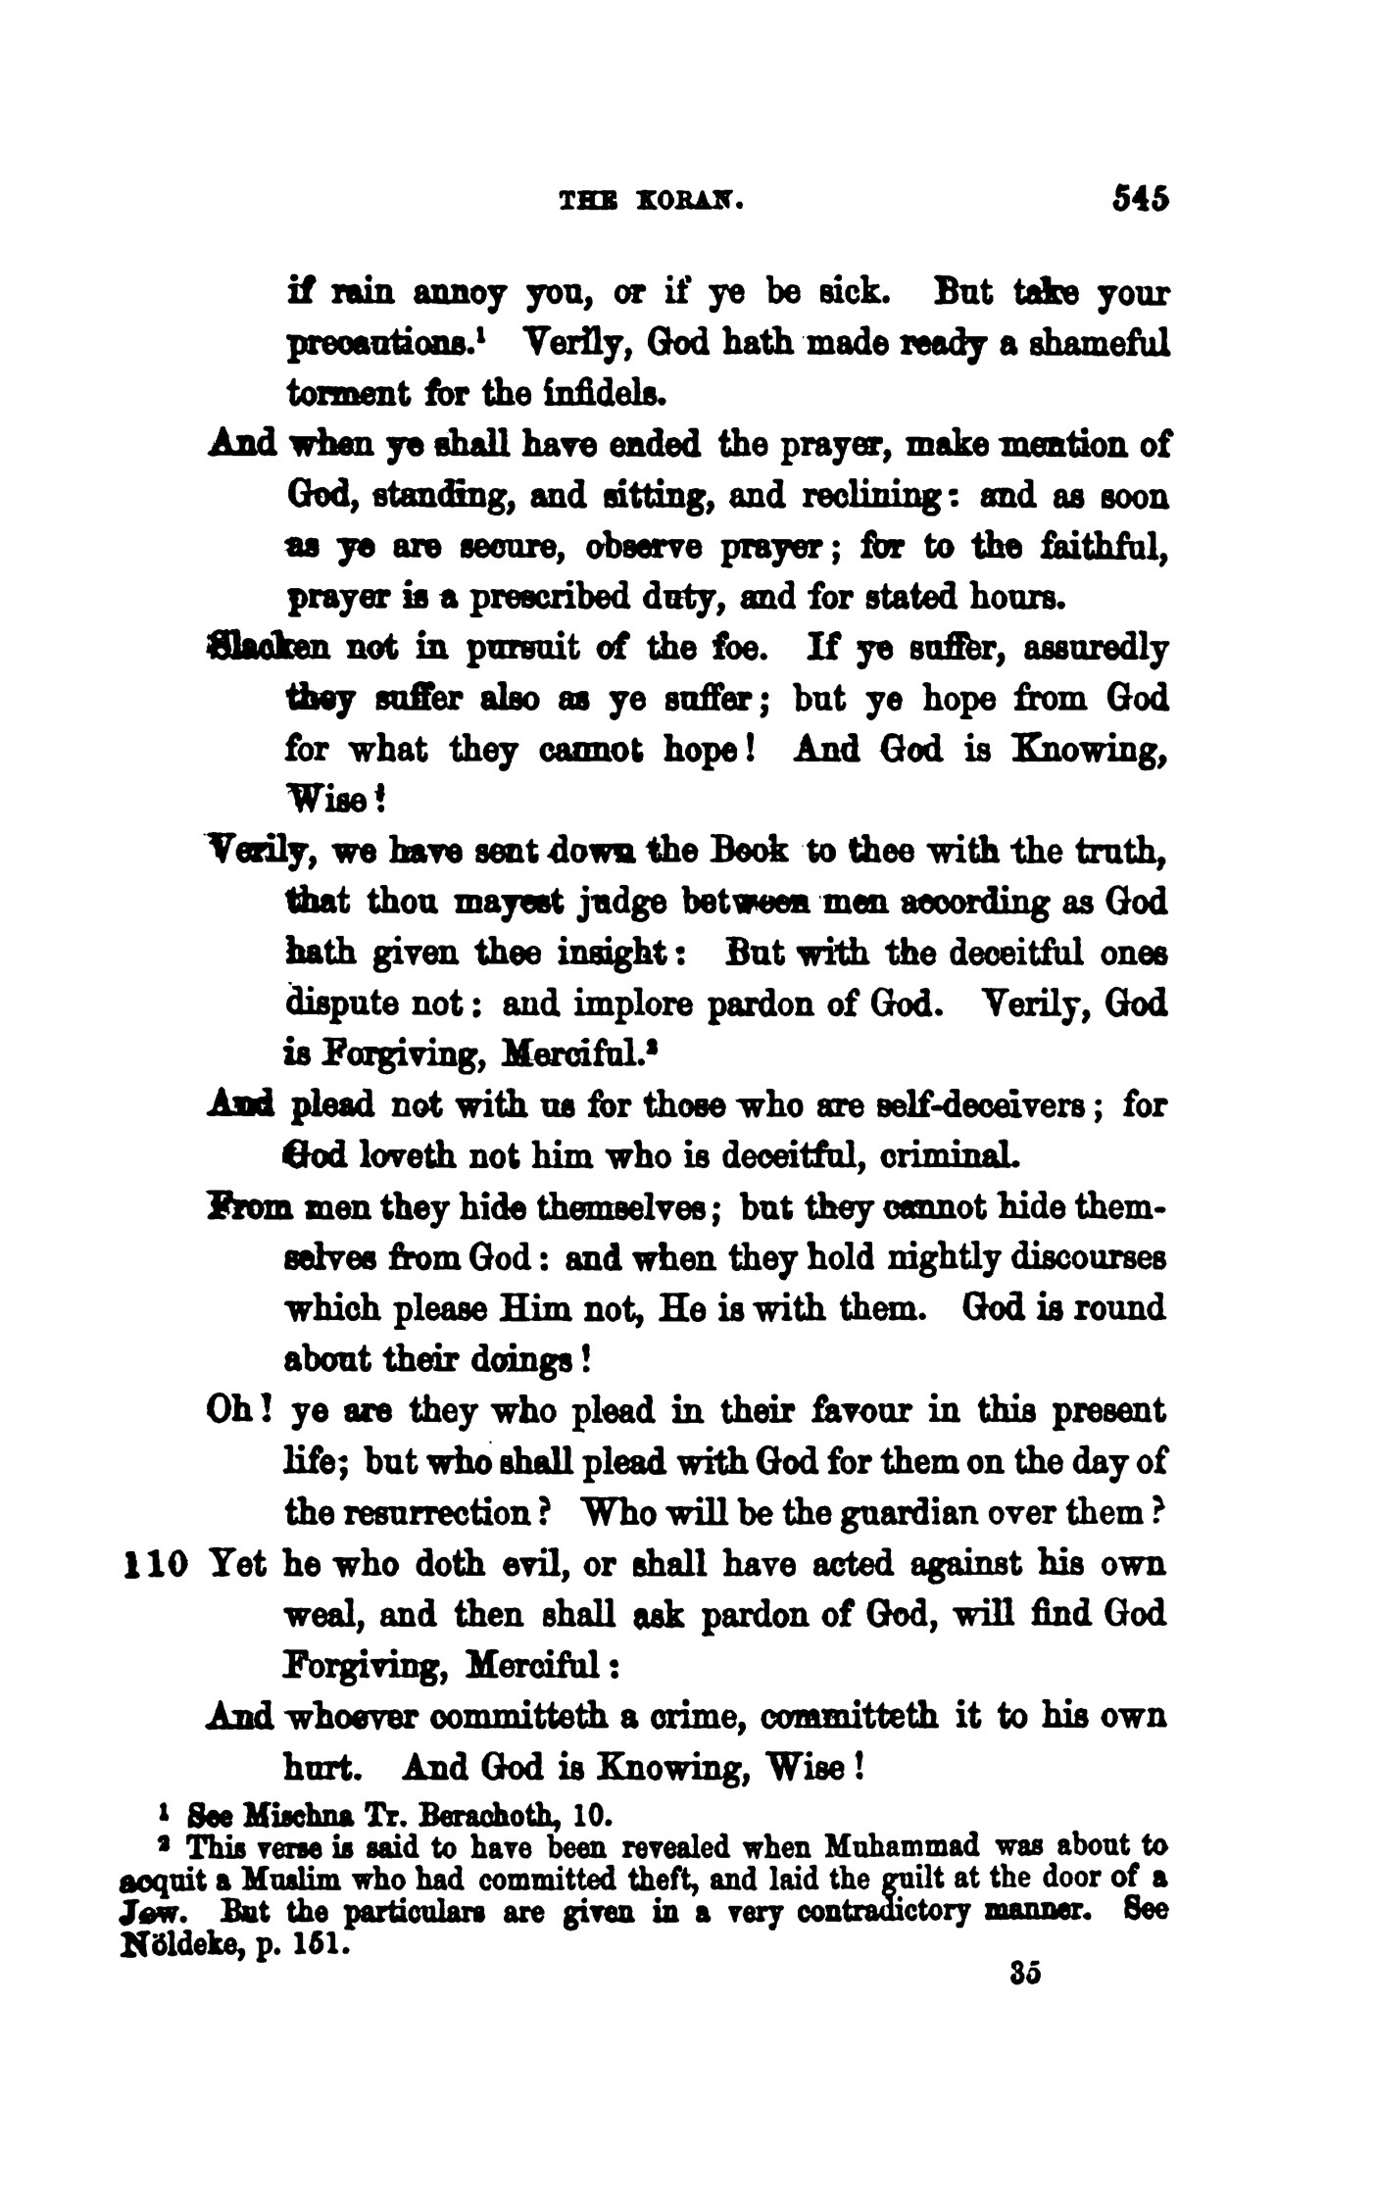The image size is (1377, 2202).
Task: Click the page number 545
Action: [x=1141, y=200]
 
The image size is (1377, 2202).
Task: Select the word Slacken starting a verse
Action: [x=256, y=649]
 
